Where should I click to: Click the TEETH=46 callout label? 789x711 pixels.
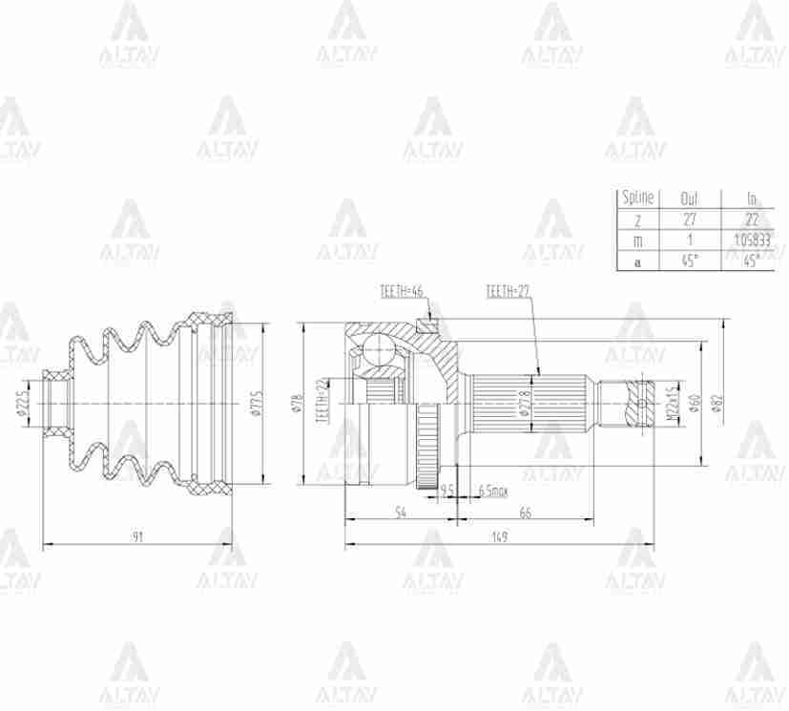coord(400,292)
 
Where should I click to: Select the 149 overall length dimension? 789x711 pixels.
coord(499,537)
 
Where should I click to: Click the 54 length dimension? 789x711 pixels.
coord(401,513)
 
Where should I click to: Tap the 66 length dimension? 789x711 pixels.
coord(525,513)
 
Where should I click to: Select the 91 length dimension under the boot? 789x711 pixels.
coord(137,537)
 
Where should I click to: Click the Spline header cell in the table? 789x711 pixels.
coord(637,199)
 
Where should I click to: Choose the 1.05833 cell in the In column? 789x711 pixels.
coord(754,240)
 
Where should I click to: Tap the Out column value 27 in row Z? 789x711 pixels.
coord(690,220)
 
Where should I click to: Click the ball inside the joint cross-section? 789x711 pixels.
coord(381,352)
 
